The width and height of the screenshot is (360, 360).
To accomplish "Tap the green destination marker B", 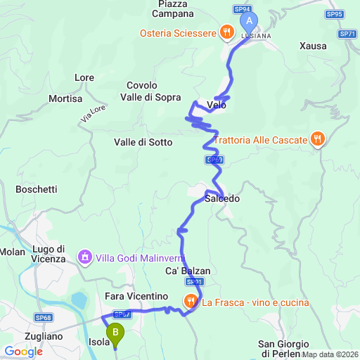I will [x=115, y=331].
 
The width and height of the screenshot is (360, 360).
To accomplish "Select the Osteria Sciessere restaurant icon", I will [x=226, y=31].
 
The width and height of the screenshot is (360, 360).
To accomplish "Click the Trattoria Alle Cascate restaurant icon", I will [x=317, y=139].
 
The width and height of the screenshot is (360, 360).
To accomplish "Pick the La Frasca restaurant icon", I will [x=191, y=302].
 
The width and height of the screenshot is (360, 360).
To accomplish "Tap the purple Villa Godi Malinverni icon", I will [x=85, y=257].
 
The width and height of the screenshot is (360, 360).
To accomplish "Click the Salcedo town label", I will [x=222, y=199].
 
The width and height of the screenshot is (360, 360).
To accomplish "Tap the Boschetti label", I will [x=36, y=189].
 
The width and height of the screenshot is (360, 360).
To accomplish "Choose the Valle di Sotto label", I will [x=143, y=142].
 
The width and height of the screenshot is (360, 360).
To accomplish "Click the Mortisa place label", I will [x=66, y=99].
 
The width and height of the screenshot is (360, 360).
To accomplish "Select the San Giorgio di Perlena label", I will [x=284, y=348].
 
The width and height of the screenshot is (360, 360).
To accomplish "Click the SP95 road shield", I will [x=335, y=13].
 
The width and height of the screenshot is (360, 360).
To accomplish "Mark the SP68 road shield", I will [x=44, y=318].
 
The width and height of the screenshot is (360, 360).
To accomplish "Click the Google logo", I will [x=24, y=351].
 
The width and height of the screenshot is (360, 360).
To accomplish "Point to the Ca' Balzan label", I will [x=188, y=270].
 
